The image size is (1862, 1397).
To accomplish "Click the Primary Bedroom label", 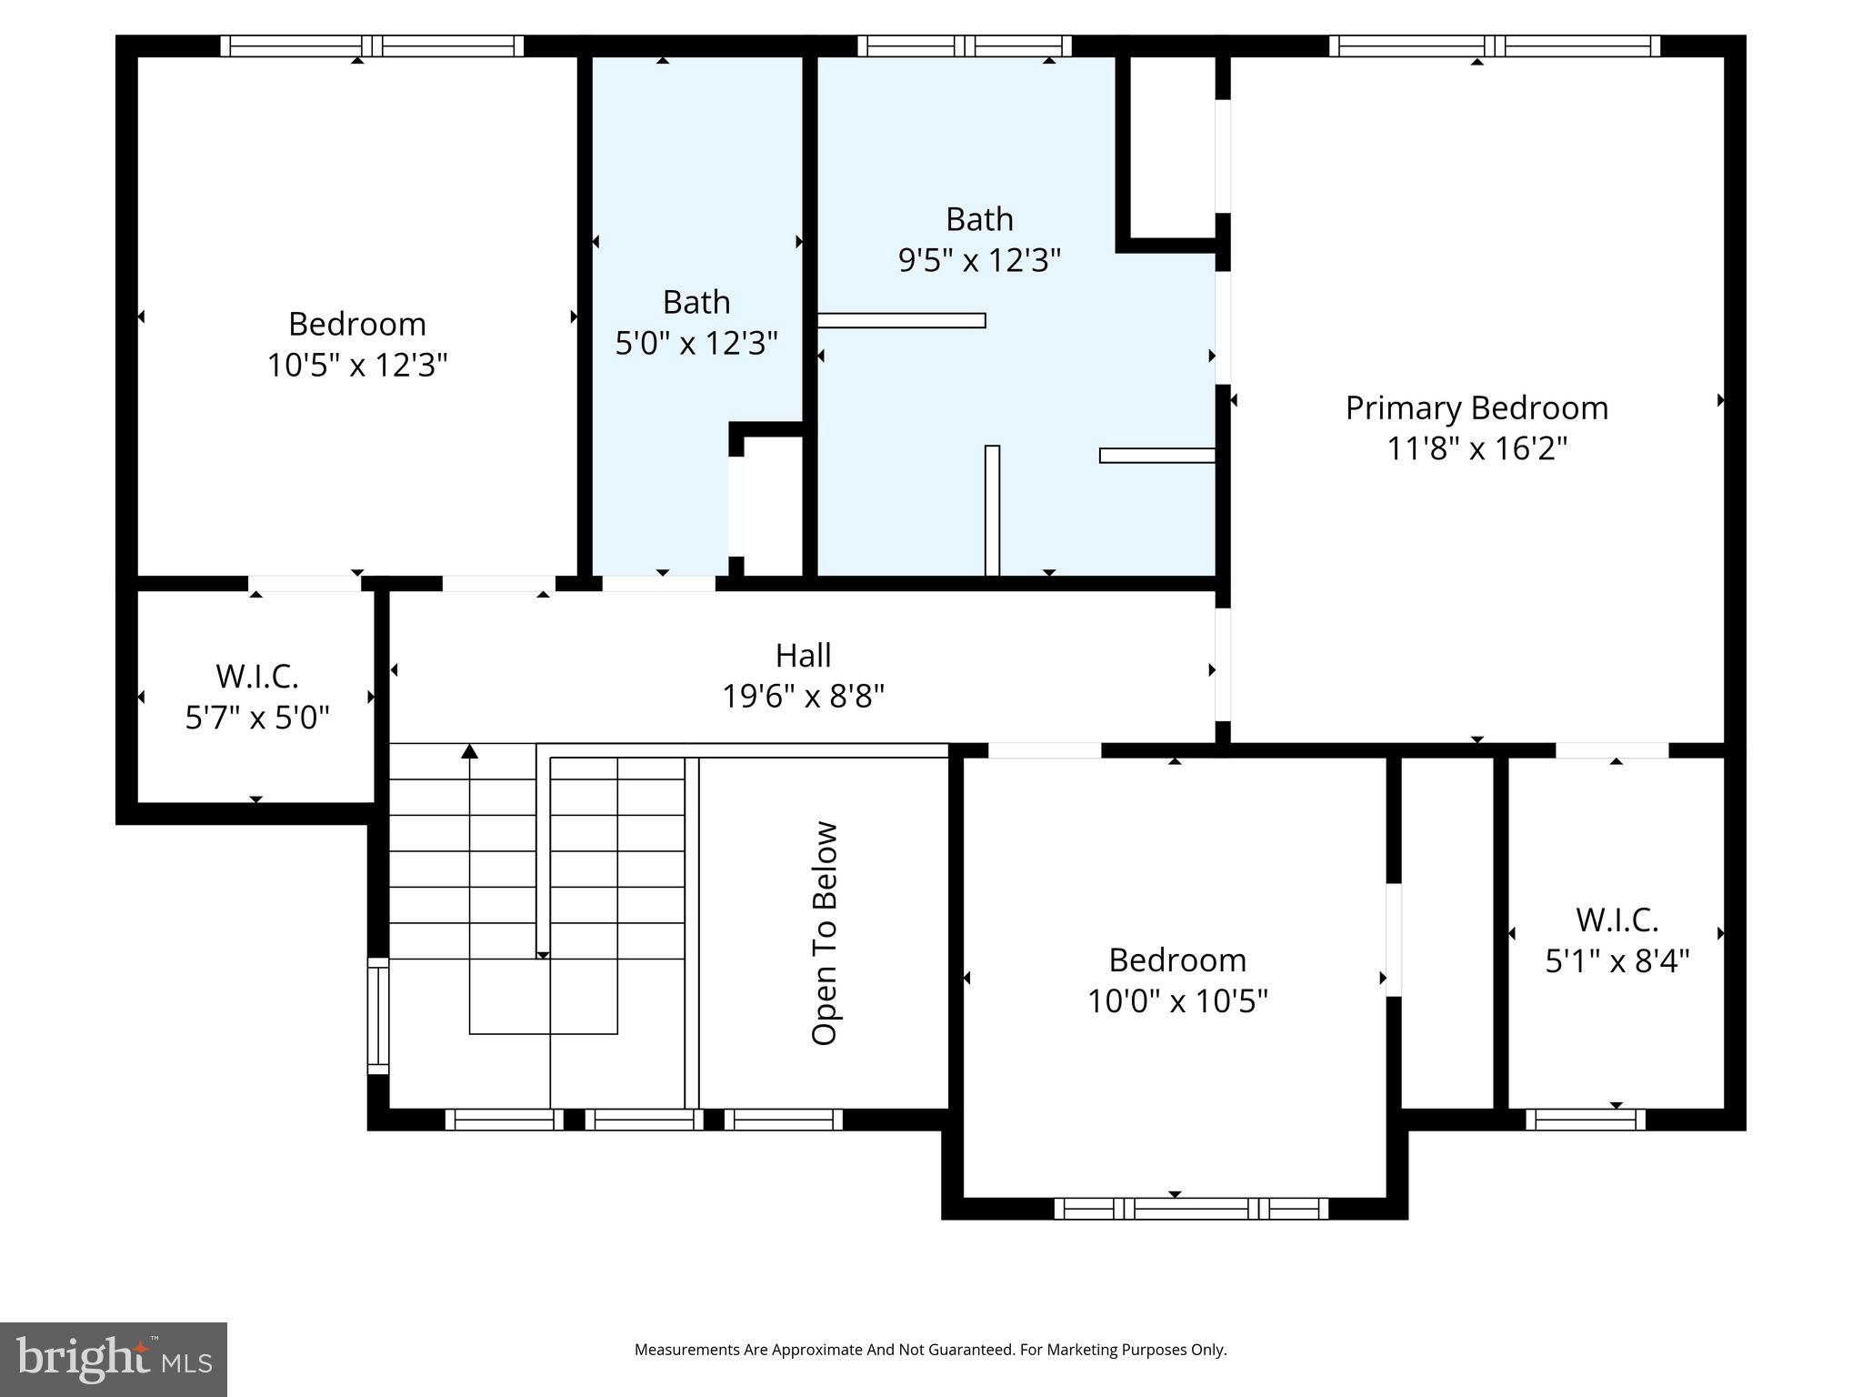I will point(1477,408).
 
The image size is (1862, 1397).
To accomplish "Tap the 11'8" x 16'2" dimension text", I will point(1477,449).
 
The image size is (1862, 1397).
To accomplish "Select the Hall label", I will point(803,656).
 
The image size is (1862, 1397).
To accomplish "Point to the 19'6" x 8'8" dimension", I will point(803,697).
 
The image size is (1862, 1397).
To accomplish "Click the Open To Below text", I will point(824,933).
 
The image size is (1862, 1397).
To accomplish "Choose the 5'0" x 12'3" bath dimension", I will point(696,344).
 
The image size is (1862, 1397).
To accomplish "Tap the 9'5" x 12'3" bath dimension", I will point(979,261).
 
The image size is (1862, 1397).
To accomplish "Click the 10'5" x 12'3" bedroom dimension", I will point(357,366).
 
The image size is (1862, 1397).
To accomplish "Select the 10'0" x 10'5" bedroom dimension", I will point(1177,1001).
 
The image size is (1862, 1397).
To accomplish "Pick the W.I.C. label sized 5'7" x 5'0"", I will point(256,677).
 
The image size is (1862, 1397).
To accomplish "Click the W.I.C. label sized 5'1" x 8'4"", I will point(1617,920).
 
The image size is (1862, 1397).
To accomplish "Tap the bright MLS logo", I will point(113,1360).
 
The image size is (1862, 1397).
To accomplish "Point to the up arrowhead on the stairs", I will point(469,751).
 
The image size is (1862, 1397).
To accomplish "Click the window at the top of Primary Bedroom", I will point(1494,45).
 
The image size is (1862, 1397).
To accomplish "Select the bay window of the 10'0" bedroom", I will point(1191,1209).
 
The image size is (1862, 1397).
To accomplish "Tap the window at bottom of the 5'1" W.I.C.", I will point(1585,1120).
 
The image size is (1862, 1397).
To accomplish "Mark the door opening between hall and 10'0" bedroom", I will point(1044,750).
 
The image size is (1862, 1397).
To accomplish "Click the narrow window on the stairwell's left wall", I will point(377,1016).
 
